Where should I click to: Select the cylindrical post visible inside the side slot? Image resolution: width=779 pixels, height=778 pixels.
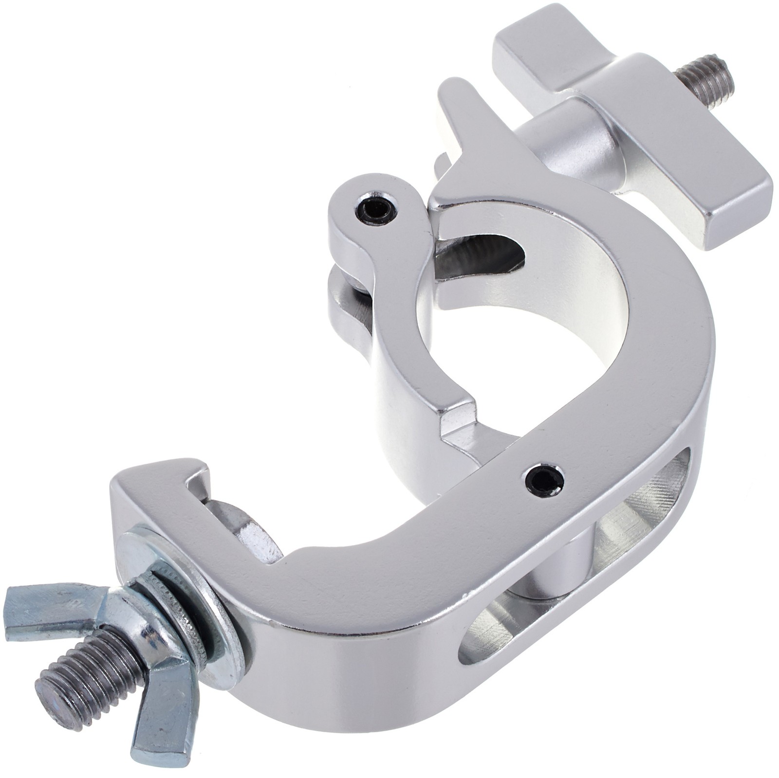tap(560, 569)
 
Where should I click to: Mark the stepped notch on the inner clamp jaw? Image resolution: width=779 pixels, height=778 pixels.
tap(458, 414)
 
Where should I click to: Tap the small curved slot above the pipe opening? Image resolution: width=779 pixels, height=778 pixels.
tap(482, 253)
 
